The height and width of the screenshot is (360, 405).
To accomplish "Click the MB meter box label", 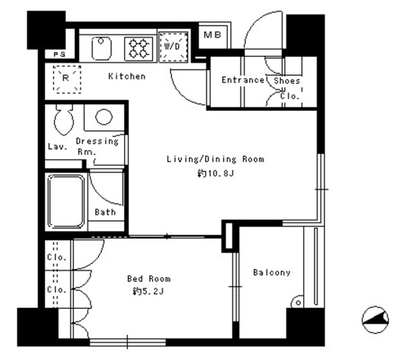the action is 212,34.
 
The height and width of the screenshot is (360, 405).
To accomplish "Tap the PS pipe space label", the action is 60,54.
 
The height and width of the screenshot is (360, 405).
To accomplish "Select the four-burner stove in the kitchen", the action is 138,48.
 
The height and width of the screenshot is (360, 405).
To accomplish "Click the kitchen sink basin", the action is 101,48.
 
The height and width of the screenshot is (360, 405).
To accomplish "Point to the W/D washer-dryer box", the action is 173,47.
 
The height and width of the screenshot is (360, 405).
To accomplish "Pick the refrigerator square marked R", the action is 67,78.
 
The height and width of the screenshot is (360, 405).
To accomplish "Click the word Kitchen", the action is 127,76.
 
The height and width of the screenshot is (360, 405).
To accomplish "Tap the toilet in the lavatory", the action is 64,119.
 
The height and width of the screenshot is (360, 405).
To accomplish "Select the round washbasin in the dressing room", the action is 104,117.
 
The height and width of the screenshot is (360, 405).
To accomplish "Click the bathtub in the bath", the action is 66,202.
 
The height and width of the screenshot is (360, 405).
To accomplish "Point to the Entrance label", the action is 243,80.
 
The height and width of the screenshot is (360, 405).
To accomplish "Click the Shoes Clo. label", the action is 288,88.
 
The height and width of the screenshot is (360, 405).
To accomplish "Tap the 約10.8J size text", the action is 215,173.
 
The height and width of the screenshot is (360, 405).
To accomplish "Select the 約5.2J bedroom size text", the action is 148,291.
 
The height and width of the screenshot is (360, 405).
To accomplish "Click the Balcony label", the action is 271,272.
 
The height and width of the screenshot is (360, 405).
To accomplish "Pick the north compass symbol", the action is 375,320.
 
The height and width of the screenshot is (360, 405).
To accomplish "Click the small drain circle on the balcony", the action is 299,303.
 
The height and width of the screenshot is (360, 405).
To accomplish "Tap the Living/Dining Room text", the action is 215,159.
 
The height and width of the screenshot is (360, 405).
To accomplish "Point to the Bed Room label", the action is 149,279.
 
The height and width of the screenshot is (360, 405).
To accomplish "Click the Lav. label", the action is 58,147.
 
